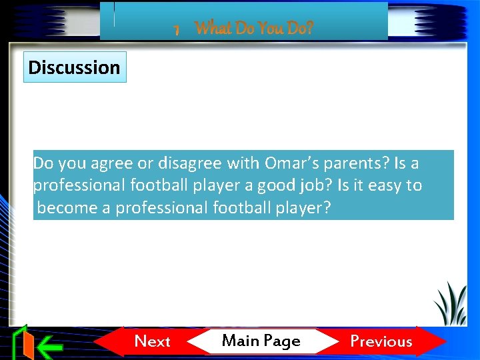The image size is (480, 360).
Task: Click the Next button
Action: [153, 341]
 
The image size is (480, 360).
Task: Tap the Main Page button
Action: [261, 341]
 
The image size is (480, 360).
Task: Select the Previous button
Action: [381, 341]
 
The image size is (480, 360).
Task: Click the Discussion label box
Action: [75, 67]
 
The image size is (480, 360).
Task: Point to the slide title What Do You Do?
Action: [254, 28]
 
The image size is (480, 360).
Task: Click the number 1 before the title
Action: [177, 30]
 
